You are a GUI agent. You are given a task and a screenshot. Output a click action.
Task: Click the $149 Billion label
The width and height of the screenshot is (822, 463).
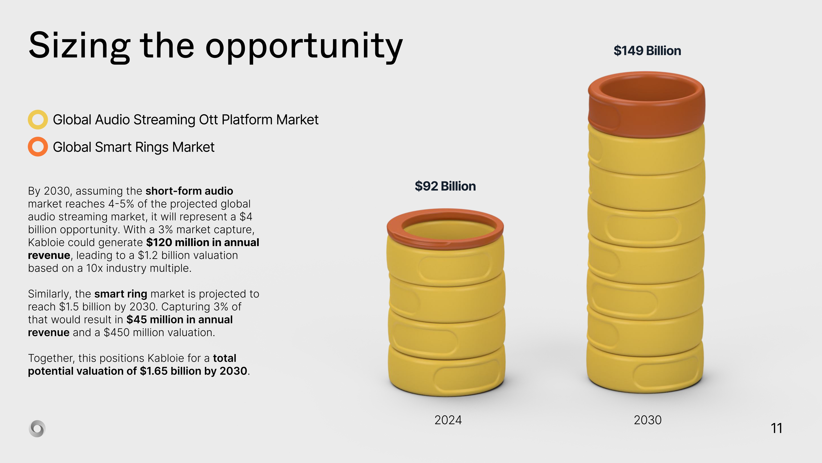[647, 51]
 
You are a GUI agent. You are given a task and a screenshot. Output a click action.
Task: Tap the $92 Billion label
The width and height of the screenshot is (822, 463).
[445, 186]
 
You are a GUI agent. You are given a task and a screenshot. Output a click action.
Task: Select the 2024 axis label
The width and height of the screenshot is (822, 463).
[448, 420]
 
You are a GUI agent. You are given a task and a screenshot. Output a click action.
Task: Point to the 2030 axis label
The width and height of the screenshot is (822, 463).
[648, 420]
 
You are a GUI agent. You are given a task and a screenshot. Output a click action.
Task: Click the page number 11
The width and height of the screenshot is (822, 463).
[776, 428]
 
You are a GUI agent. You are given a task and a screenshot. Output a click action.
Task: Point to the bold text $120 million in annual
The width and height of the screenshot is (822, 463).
[203, 243]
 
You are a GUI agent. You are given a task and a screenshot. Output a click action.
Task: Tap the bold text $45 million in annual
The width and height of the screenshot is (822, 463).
[180, 320]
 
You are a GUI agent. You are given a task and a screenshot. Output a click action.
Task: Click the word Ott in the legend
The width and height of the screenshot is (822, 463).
[209, 120]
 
